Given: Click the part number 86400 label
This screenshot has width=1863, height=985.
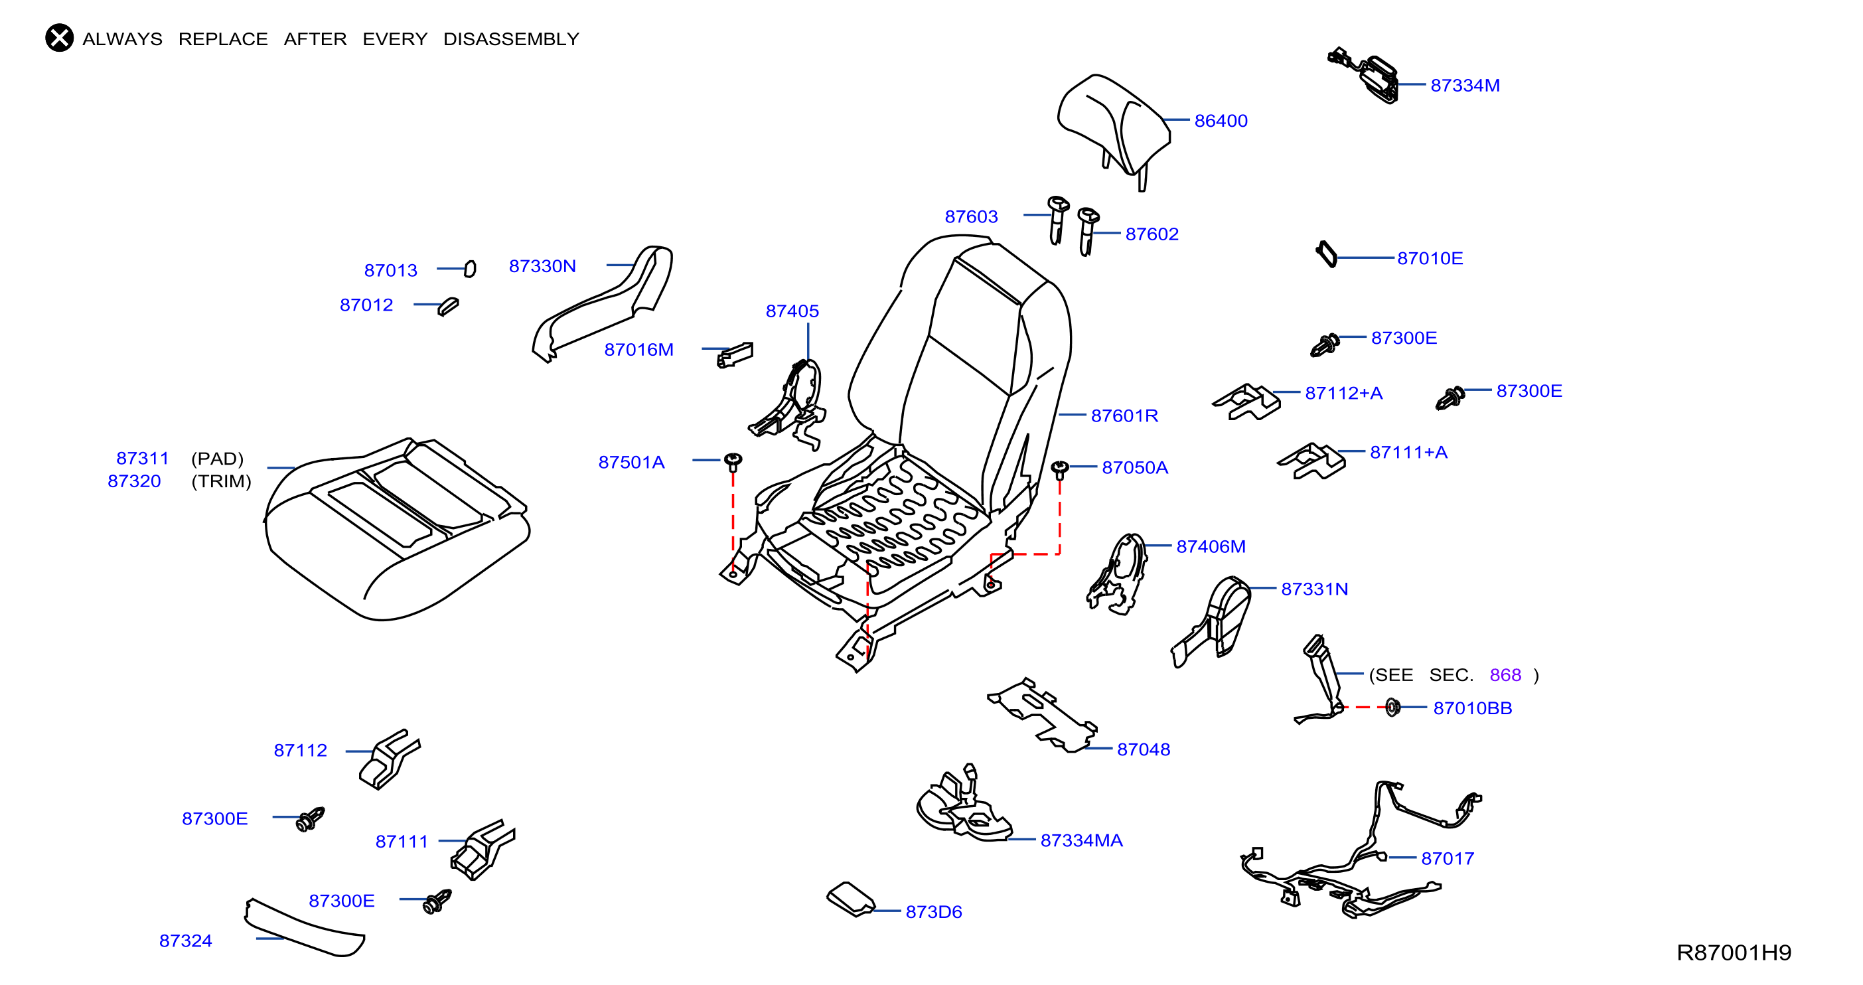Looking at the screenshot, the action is click(1221, 121).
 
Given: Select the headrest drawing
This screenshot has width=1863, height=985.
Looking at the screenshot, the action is click(1113, 130).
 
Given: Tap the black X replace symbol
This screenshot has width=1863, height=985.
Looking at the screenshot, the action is click(59, 38).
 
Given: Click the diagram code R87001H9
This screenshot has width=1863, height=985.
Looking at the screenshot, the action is click(1734, 952).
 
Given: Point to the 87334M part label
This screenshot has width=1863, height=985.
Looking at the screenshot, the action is click(1465, 86).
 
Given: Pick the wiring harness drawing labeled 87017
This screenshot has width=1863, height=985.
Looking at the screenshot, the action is click(1360, 850).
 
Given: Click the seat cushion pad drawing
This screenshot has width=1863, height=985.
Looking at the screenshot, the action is click(397, 528).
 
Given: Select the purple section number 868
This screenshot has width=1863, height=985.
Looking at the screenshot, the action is click(1505, 675).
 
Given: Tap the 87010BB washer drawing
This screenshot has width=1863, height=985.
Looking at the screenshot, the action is click(1392, 708).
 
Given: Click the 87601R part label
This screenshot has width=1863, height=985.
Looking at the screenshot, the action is click(1124, 416).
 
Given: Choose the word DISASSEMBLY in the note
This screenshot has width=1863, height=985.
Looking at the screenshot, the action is click(511, 39).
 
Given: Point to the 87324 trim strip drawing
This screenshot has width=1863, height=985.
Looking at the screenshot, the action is click(304, 928).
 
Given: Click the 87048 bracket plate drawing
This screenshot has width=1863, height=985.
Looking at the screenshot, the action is click(1042, 714).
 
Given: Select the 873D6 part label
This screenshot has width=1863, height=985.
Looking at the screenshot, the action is click(934, 912).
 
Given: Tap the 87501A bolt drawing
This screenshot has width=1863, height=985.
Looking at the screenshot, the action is click(733, 461).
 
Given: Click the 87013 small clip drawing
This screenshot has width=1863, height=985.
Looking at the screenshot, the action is click(470, 269).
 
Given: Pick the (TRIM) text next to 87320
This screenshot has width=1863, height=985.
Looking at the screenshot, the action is click(221, 482).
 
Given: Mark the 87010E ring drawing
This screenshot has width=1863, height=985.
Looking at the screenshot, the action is click(1326, 254).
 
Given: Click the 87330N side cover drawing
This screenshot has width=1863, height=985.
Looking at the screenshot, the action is click(603, 303).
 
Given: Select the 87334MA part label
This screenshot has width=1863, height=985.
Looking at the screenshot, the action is click(1081, 840).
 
